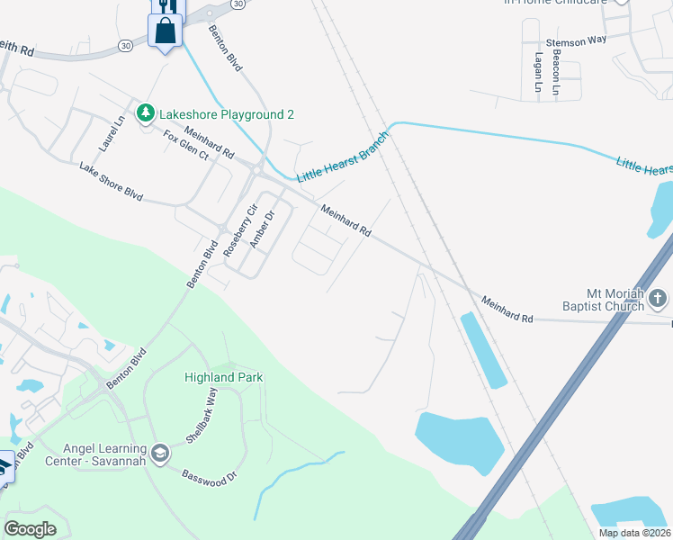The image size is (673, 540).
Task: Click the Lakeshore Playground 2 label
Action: tap(227, 114)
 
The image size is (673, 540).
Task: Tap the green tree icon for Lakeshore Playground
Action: tap(145, 113)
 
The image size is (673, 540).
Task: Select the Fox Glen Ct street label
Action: tap(185, 145)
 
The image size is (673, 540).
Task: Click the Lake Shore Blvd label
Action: tap(111, 182)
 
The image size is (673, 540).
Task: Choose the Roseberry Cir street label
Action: tap(239, 231)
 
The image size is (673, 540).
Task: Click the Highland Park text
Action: tap(224, 377)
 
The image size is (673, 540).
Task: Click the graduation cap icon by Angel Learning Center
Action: tap(161, 452)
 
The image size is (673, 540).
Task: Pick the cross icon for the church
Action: tap(658, 299)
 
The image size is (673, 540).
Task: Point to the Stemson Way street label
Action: tap(576, 41)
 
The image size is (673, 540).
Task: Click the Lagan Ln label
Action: tap(538, 73)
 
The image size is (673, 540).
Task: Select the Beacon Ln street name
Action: tap(556, 73)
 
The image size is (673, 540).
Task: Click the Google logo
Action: tap(30, 529)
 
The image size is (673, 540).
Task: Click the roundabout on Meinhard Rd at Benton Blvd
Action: tap(257, 169)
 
